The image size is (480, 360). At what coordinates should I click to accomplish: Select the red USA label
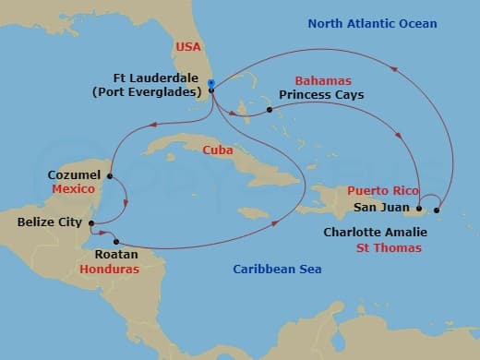(x=187, y=45)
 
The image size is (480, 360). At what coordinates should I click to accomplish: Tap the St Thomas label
(x=390, y=248)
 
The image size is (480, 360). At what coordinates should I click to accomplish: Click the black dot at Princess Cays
(x=270, y=110)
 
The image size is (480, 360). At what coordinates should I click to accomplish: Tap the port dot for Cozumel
(x=110, y=175)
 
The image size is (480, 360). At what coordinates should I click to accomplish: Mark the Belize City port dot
(x=90, y=222)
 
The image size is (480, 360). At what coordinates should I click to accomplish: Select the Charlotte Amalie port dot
(x=437, y=209)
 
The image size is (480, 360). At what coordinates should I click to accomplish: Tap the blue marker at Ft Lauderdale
(x=211, y=84)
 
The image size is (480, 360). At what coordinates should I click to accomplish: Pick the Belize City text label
(x=50, y=222)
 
